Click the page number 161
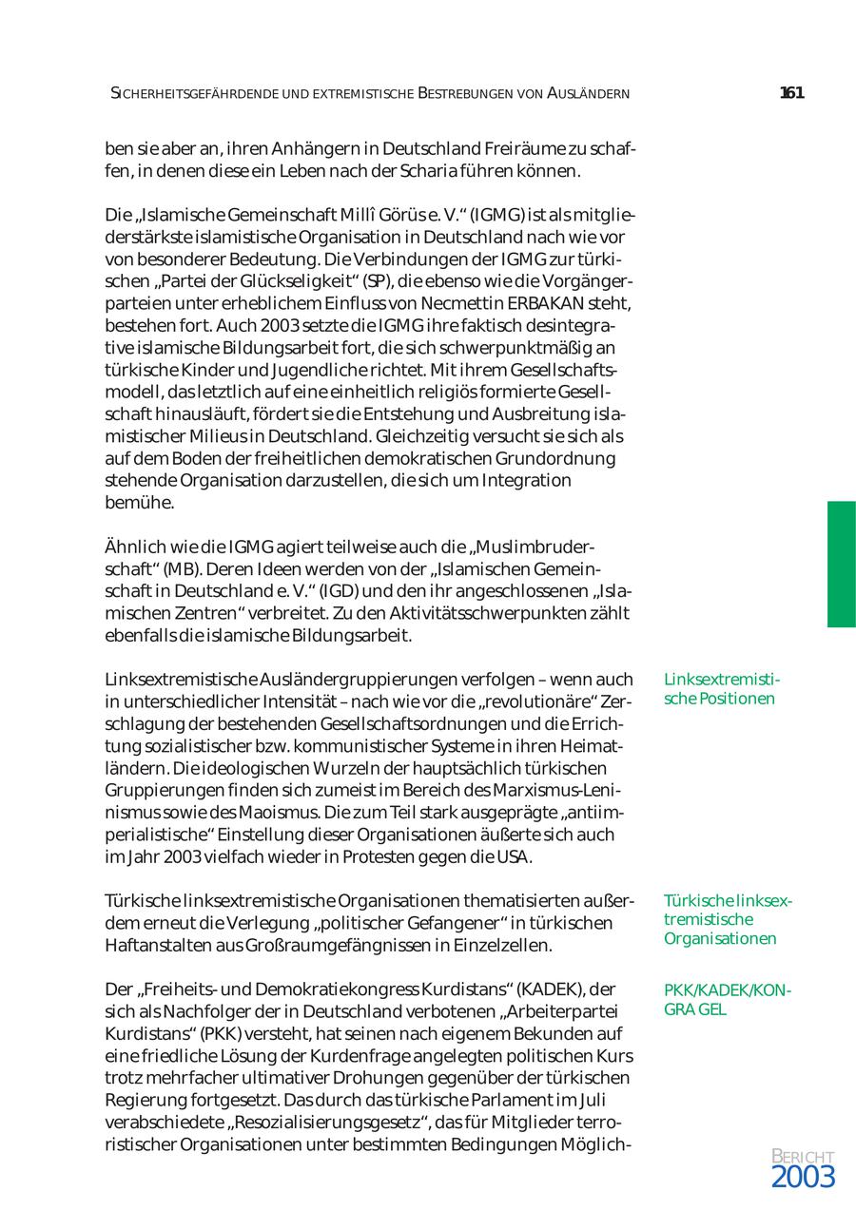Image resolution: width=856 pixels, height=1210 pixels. [x=791, y=93]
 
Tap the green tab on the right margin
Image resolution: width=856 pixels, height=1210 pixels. [x=841, y=565]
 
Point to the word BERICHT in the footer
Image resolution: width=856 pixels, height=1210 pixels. [x=803, y=1157]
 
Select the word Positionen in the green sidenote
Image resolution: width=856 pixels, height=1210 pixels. [x=733, y=700]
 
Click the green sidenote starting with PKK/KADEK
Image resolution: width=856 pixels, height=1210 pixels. [x=727, y=1000]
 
